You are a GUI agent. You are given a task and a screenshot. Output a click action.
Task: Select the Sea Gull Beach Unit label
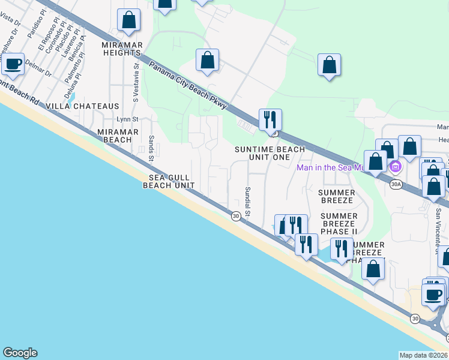pyautogui.click(x=169, y=181)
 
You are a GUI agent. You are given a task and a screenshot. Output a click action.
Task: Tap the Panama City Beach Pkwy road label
pyautogui.click(x=188, y=86)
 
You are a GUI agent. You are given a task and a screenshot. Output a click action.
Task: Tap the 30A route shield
pyautogui.click(x=394, y=184)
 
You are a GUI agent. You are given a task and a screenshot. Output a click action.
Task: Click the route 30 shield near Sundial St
pyautogui.click(x=236, y=216)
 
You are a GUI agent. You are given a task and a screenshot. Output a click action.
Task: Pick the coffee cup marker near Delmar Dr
pyautogui.click(x=13, y=63)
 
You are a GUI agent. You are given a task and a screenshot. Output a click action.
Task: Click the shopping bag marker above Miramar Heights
pyautogui.click(x=128, y=20)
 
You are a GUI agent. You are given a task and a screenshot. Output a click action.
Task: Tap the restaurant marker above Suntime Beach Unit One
pyautogui.click(x=270, y=119)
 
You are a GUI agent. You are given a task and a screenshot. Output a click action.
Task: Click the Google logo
pyautogui.click(x=20, y=353)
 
